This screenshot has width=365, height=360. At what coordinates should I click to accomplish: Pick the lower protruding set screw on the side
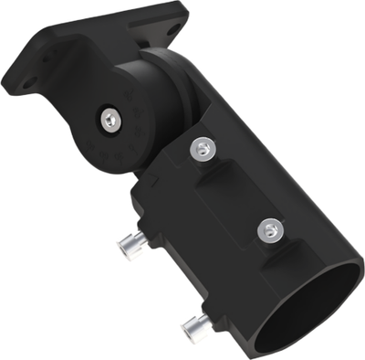pos(193,324)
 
